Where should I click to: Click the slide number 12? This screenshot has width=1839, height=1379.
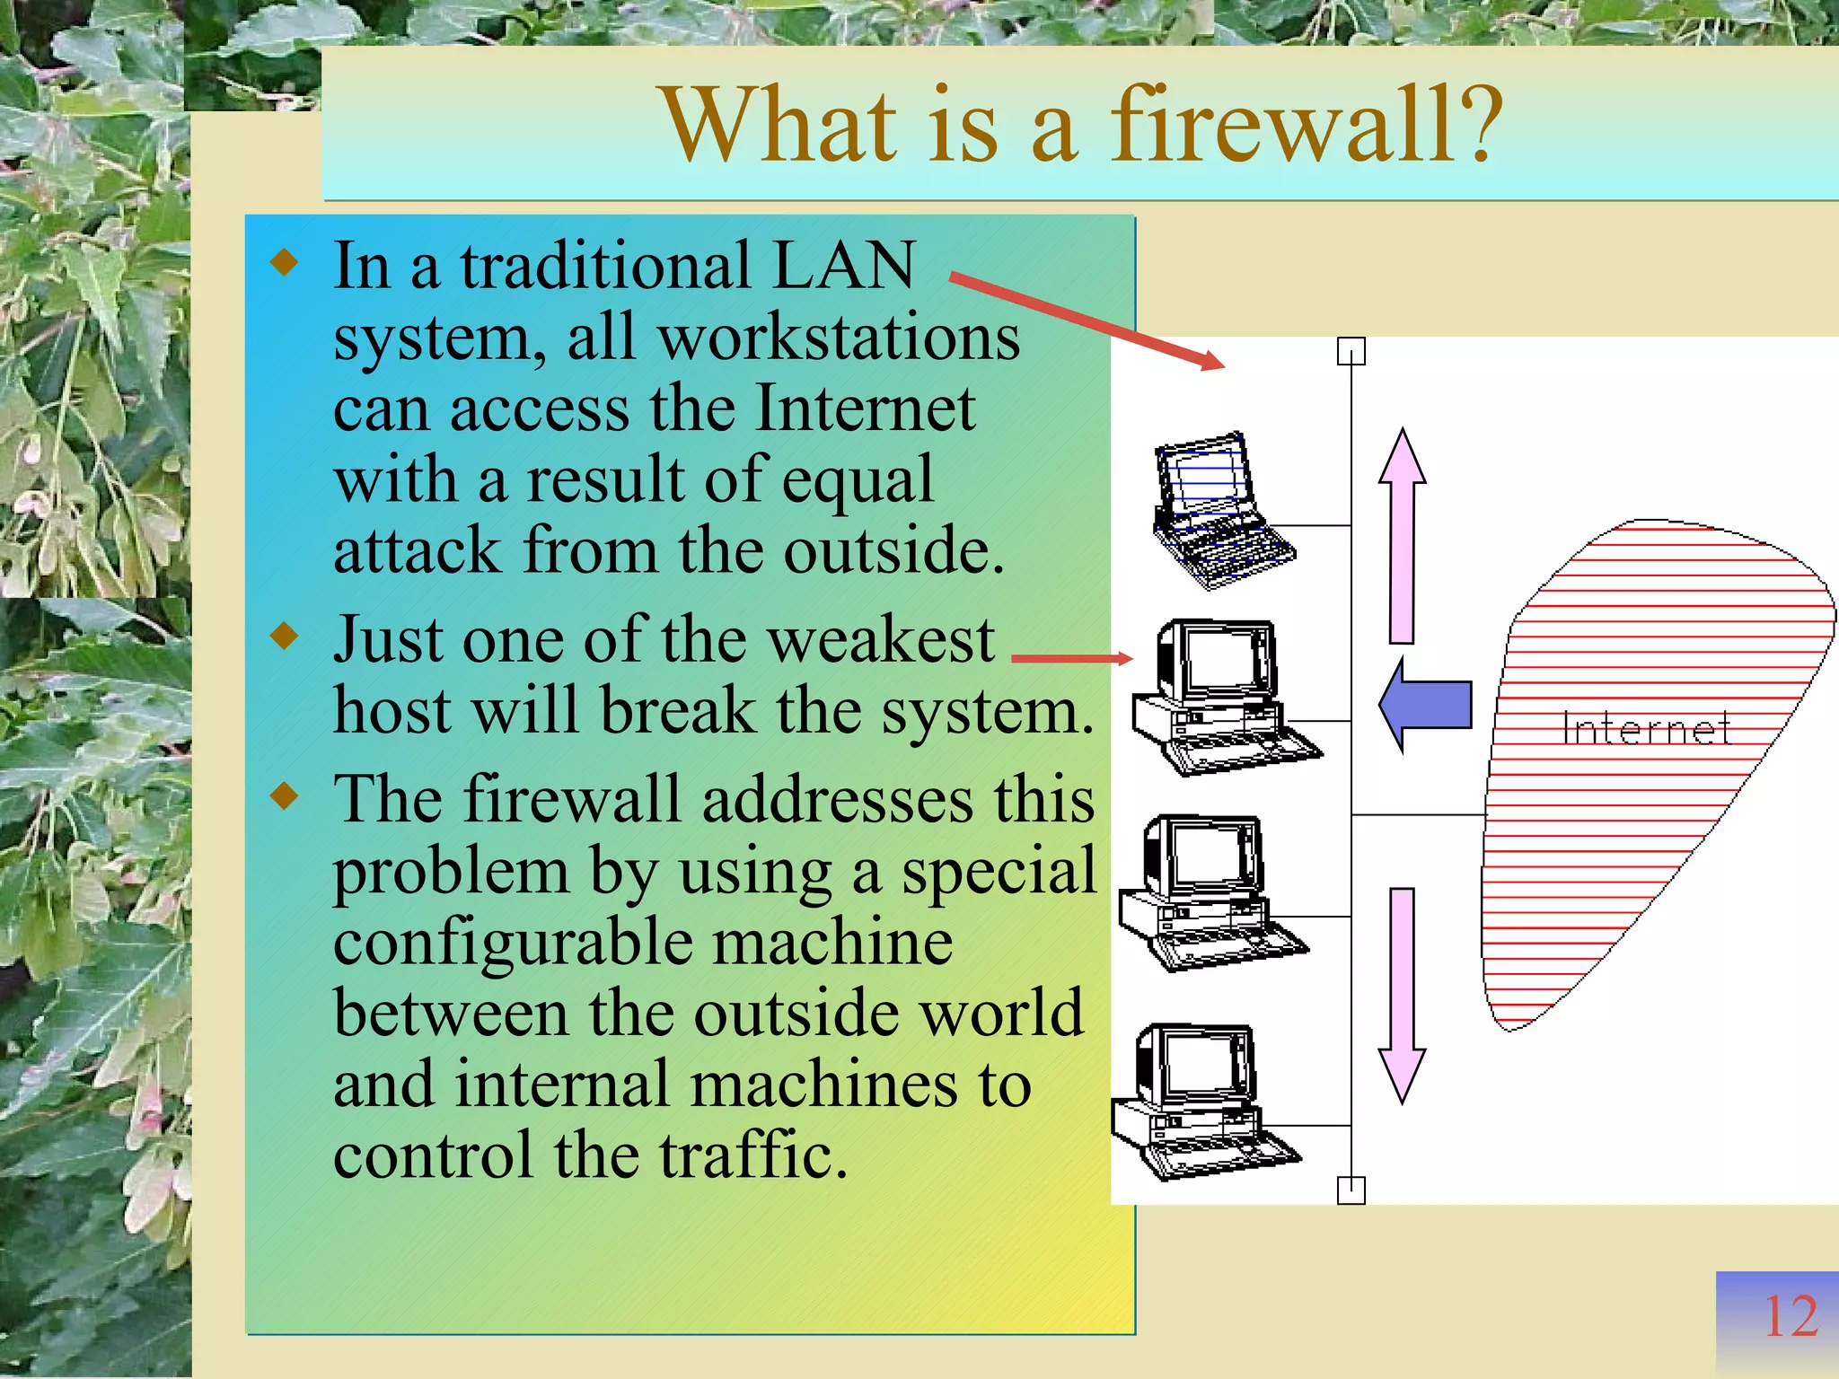pyautogui.click(x=1790, y=1317)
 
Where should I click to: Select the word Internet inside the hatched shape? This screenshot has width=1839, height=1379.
pyautogui.click(x=1646, y=728)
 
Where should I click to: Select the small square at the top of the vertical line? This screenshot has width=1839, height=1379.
pyautogui.click(x=1351, y=352)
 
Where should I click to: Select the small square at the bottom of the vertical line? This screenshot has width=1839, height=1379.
pyautogui.click(x=1351, y=1190)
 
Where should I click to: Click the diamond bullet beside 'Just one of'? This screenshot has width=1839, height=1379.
pyautogui.click(x=285, y=637)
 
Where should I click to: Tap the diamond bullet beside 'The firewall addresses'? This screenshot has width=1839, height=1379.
pyautogui.click(x=285, y=795)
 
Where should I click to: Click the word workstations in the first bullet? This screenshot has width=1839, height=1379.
pyautogui.click(x=839, y=339)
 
